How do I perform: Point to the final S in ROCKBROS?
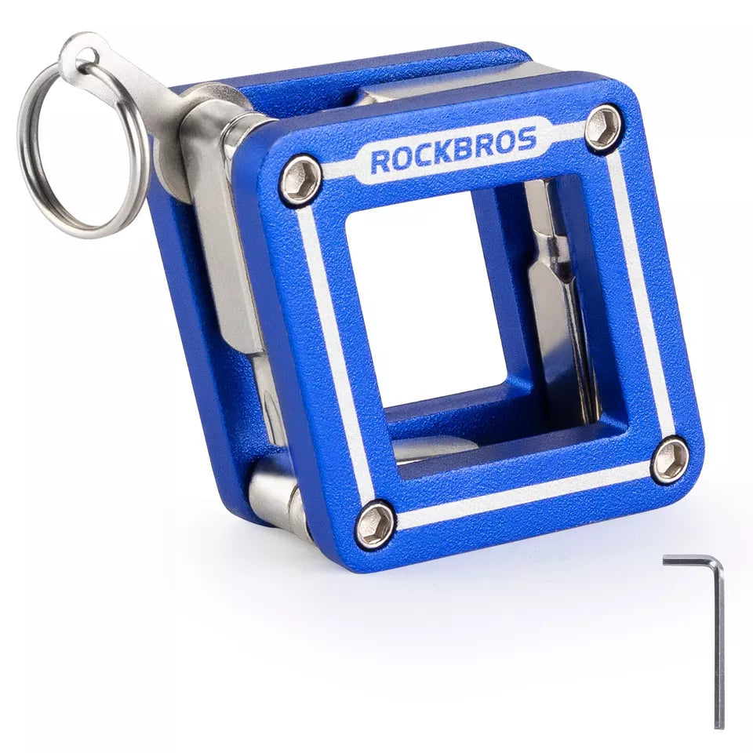(x=527, y=140)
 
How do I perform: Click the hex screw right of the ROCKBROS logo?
(x=602, y=126)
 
